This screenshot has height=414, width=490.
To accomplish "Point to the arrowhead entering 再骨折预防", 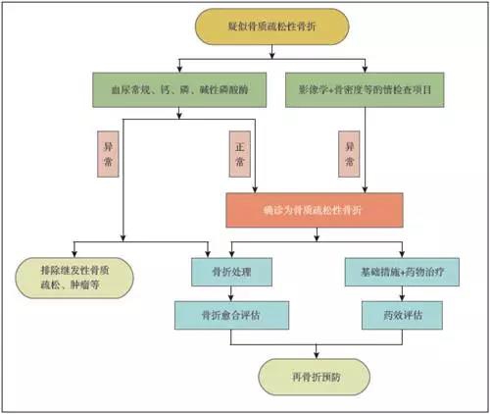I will click(x=313, y=356).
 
